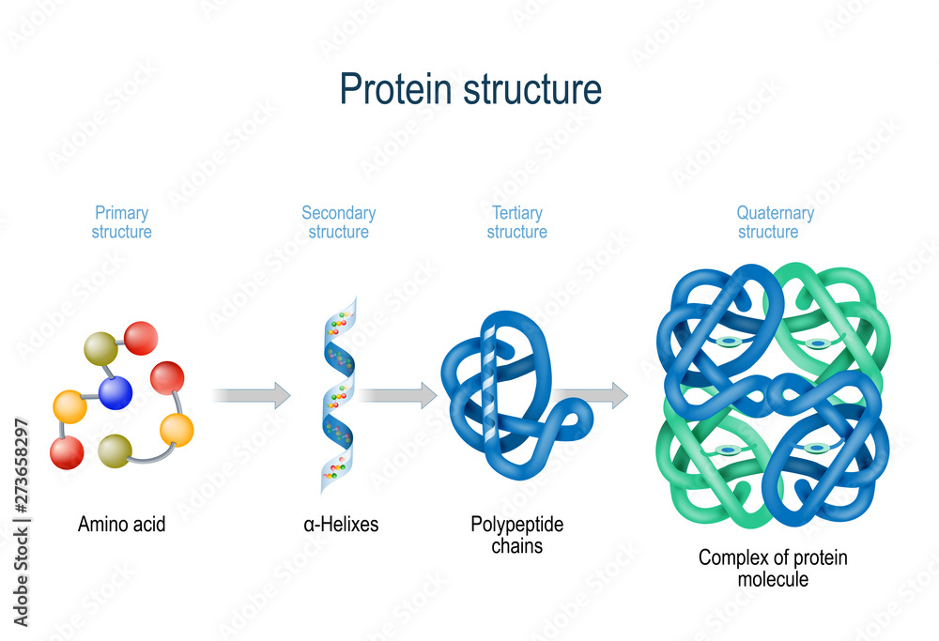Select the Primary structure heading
(x=121, y=222)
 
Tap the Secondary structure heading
(x=338, y=222)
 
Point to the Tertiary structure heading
(x=516, y=222)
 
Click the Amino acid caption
(x=121, y=525)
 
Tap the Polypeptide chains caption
(x=516, y=534)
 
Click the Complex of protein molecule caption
(x=772, y=568)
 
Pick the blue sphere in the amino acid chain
(x=115, y=391)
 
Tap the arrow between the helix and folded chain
(x=398, y=395)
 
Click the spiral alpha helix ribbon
(x=338, y=394)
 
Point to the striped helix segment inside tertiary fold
(x=487, y=375)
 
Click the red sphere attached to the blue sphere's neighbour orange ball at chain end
(x=67, y=452)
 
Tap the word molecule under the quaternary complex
(x=772, y=579)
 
